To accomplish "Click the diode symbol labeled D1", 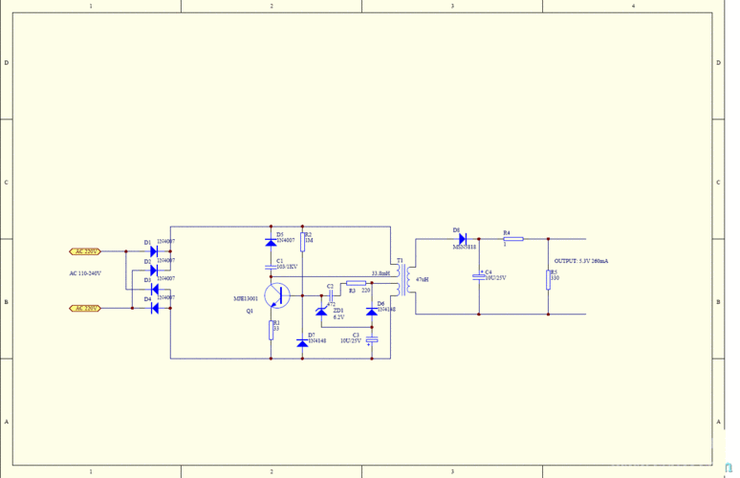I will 154,251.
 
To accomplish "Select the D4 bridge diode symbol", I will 154,308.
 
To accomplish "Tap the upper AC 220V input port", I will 85,251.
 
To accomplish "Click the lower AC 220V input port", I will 85,308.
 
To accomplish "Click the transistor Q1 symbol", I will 278,296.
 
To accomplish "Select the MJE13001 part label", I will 246,299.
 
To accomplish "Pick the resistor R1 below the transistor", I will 272,329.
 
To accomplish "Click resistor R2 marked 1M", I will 302,240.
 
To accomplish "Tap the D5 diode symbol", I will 272,242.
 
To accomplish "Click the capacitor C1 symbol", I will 272,266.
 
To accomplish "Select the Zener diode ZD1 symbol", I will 321,311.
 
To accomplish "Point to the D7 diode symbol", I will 302,342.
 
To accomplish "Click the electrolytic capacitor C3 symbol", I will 372,340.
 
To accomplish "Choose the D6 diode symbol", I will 372,310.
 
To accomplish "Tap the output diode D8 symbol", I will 462,239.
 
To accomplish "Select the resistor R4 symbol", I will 513,239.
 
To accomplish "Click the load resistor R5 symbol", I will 549,277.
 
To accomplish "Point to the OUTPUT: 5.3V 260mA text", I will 581,261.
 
